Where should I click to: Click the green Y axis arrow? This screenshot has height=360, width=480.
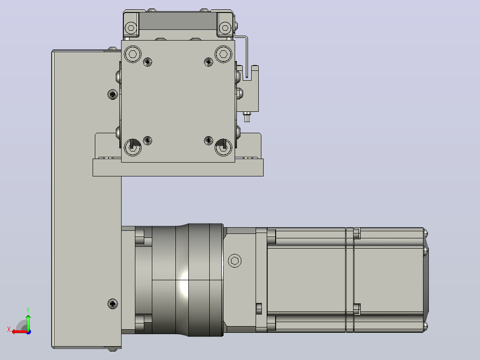coord(28,322)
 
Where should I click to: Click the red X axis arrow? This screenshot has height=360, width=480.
coord(20,332)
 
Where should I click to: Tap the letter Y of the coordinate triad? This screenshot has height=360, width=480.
coord(28,310)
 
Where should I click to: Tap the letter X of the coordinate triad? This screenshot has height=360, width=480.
coord(9,329)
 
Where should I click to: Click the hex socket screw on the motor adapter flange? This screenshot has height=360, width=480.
coord(235,261)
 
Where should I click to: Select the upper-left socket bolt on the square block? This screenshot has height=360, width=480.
coord(133,54)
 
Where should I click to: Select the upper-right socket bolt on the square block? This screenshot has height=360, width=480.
coord(224,54)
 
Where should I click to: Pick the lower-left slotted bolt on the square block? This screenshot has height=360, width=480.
coord(133,147)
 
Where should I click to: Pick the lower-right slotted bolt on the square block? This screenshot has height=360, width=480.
coord(224,147)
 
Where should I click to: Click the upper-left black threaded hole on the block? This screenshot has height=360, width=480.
coord(147,62)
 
